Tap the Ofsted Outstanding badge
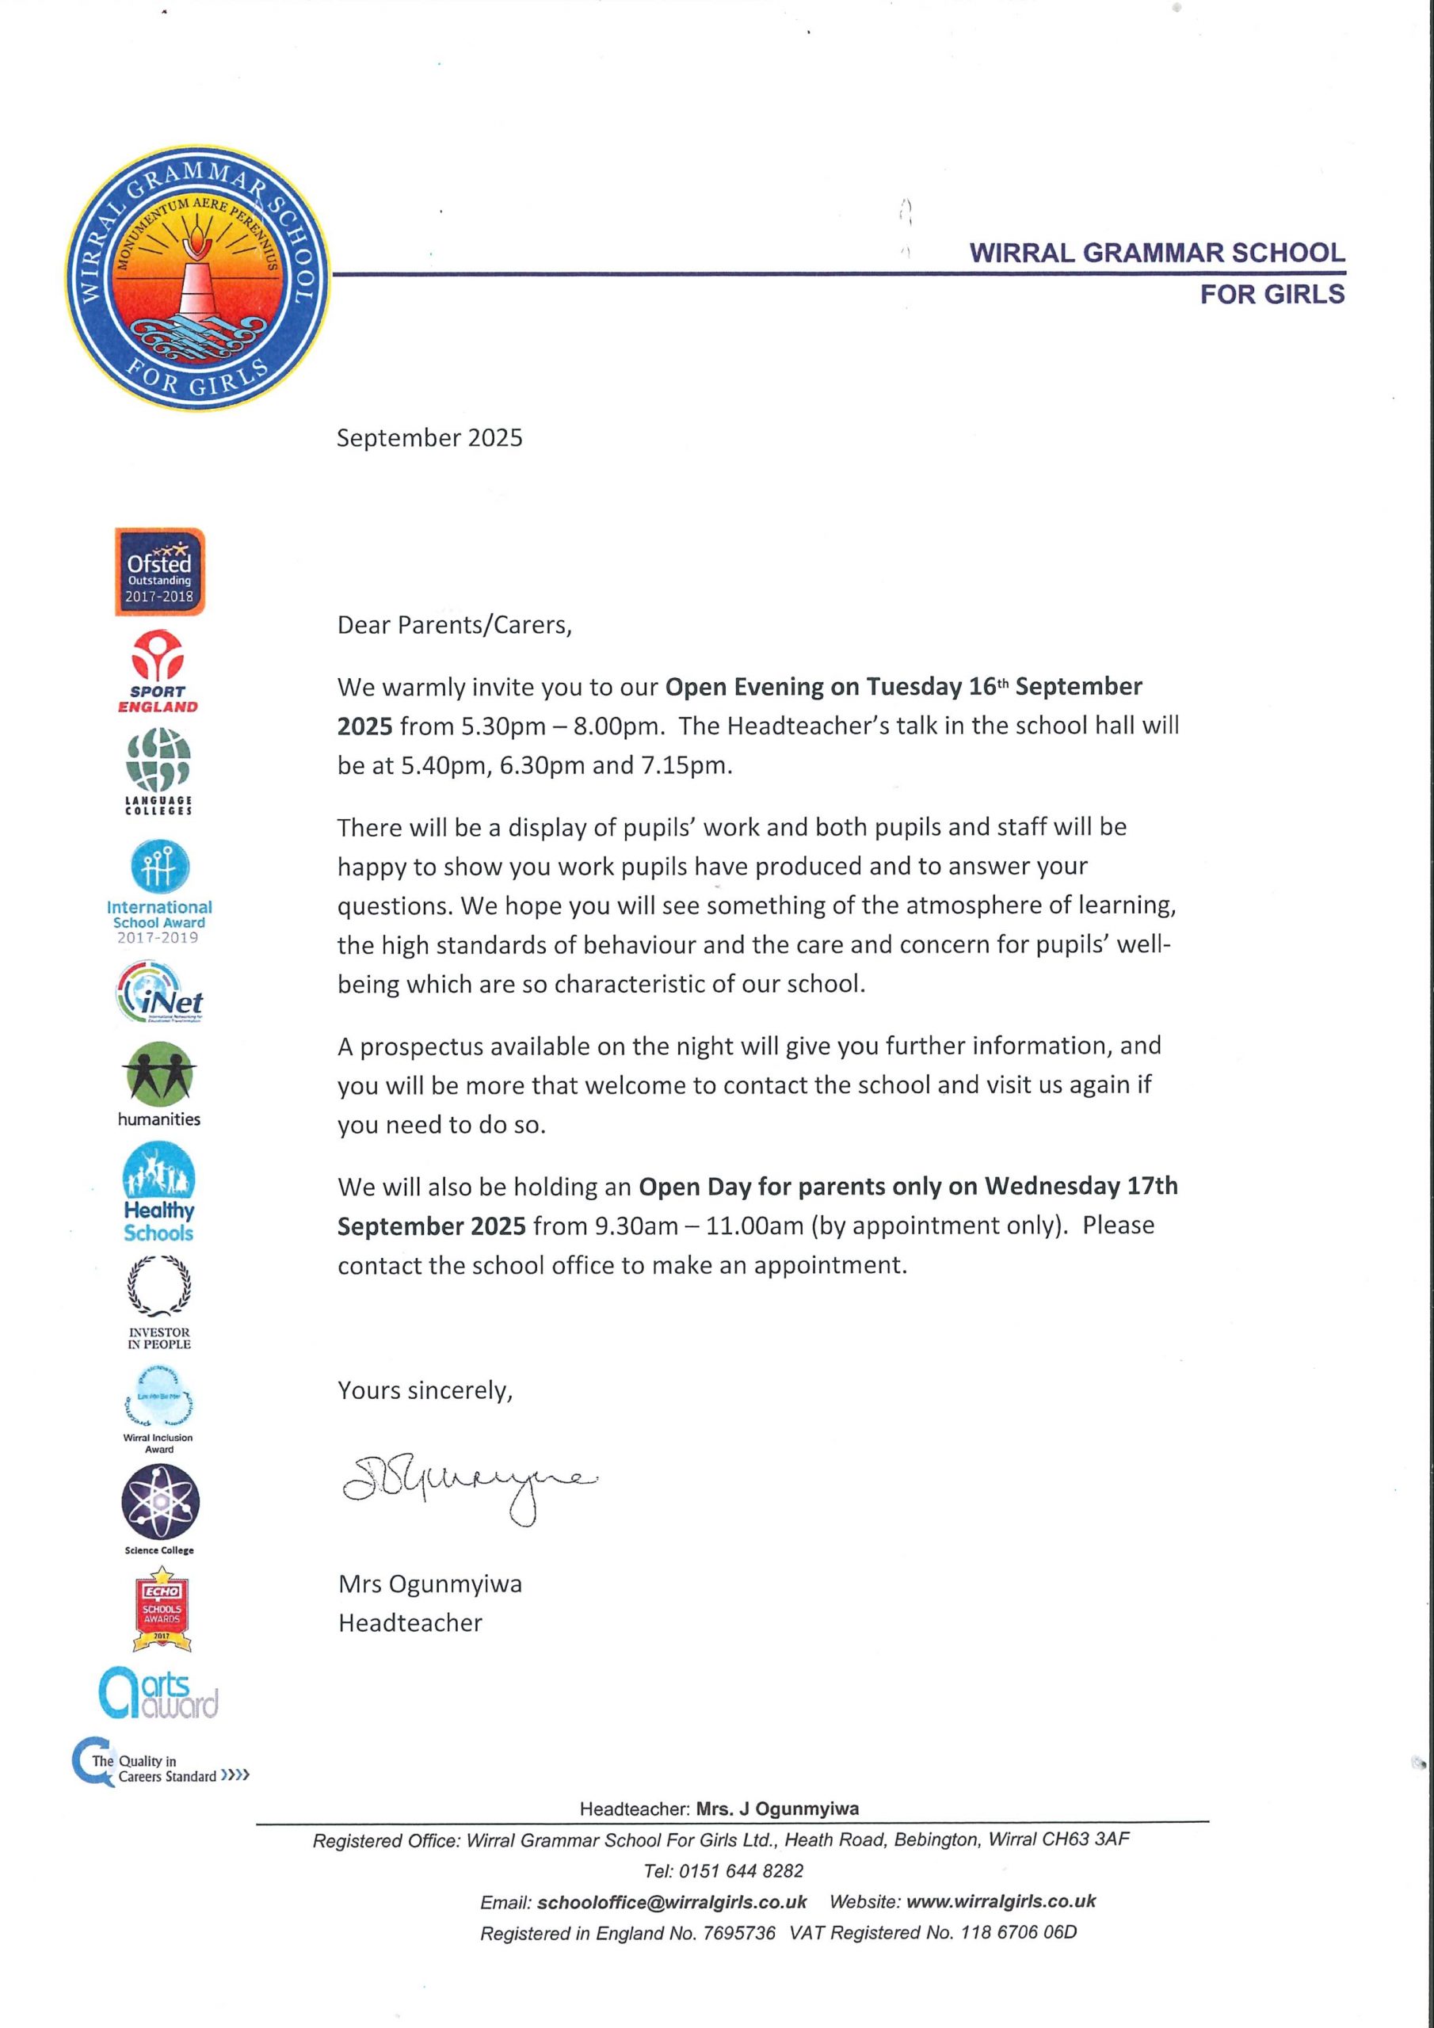[159, 571]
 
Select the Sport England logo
[158, 671]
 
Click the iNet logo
[160, 993]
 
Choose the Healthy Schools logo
[159, 1191]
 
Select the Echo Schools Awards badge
[162, 1609]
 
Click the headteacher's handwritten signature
[468, 1485]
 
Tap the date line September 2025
[429, 438]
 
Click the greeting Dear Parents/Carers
[454, 625]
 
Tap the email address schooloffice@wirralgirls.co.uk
[672, 1902]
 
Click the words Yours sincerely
[425, 1390]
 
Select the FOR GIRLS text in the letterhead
[1272, 294]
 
